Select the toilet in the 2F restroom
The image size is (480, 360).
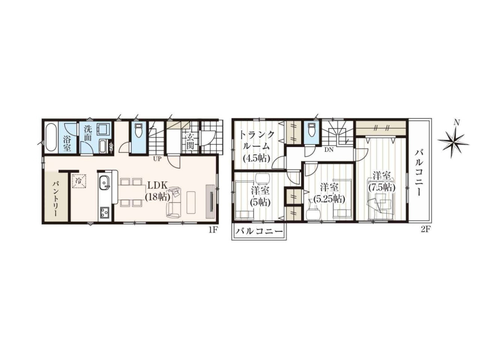311,129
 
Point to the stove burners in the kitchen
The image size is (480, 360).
105,212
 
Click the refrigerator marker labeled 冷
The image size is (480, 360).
79,180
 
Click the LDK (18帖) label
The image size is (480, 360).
158,191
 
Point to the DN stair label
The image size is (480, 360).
329,150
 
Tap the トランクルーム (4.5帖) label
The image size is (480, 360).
256,146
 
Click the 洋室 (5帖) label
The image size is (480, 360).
260,196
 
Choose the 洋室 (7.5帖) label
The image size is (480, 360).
382,182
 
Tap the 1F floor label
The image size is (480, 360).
213,230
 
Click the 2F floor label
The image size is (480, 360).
426,230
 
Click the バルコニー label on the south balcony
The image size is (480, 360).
259,232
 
